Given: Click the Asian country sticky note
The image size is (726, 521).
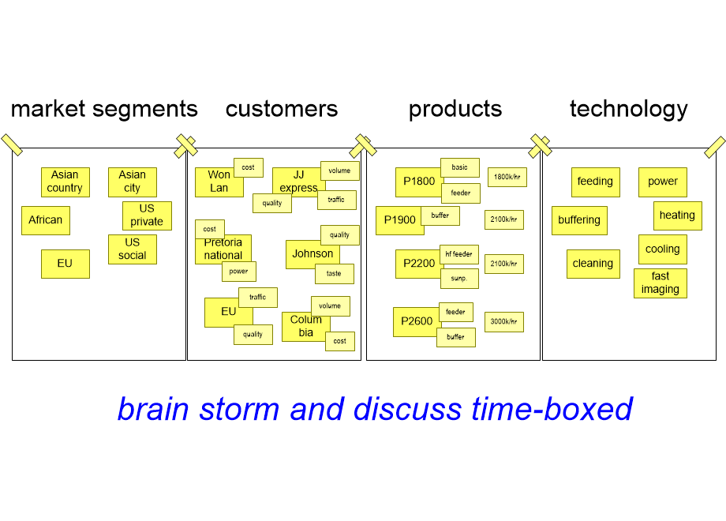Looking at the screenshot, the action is pos(65,182).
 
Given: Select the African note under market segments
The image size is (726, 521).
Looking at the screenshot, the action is pos(46,220).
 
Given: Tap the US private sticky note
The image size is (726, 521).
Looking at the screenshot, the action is pos(147,216).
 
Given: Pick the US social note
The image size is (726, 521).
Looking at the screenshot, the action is pos(133,249).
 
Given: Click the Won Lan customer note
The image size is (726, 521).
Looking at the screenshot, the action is pos(219,183).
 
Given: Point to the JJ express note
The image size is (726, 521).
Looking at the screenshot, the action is pos(298,182).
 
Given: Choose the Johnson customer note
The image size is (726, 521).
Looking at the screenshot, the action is pos(312,254).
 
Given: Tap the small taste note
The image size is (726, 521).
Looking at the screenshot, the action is pos(335,274).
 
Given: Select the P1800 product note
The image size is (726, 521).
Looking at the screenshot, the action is pos(418,182).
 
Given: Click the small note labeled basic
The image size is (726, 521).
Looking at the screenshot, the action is pos(460,167).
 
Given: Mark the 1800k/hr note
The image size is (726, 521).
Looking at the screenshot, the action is pos(507,177).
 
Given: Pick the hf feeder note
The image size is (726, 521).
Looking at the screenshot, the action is pos(458,254).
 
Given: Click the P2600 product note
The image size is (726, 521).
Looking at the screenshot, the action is pos(416,322).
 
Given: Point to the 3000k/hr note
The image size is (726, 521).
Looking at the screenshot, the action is pos(503,322).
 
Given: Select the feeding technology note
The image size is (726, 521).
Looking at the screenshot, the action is pos(596,182).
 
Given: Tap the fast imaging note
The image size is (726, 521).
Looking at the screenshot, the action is pos(661,283).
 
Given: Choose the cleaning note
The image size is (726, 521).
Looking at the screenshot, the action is pos(593,264).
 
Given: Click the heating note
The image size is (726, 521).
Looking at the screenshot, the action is pos(677,216).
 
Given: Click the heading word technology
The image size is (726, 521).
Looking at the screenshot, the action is pos(628,109).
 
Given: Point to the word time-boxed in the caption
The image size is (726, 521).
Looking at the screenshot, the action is pos(552,409).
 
